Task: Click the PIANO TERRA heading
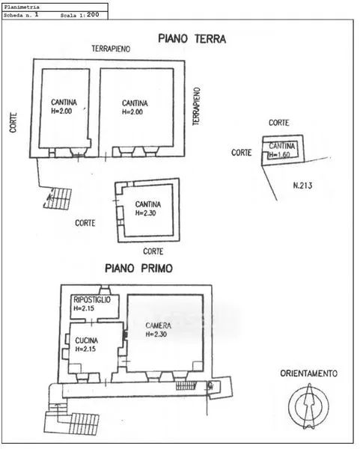(192, 39)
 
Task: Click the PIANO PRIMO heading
(139, 269)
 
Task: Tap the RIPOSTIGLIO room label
(92, 300)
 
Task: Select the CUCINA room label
(87, 340)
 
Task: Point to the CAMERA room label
(159, 326)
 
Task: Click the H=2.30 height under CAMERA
(156, 335)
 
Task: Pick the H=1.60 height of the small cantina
(279, 155)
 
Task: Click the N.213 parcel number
(302, 186)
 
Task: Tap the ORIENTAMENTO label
(309, 373)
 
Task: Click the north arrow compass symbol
(309, 406)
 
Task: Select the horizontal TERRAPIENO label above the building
(111, 49)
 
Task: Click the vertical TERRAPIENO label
(196, 106)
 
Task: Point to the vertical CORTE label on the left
(13, 123)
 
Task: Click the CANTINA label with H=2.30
(148, 204)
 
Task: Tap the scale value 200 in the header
(93, 15)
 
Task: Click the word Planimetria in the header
(22, 7)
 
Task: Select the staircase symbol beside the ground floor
(58, 198)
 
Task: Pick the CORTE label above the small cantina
(278, 123)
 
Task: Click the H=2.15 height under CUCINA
(85, 349)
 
